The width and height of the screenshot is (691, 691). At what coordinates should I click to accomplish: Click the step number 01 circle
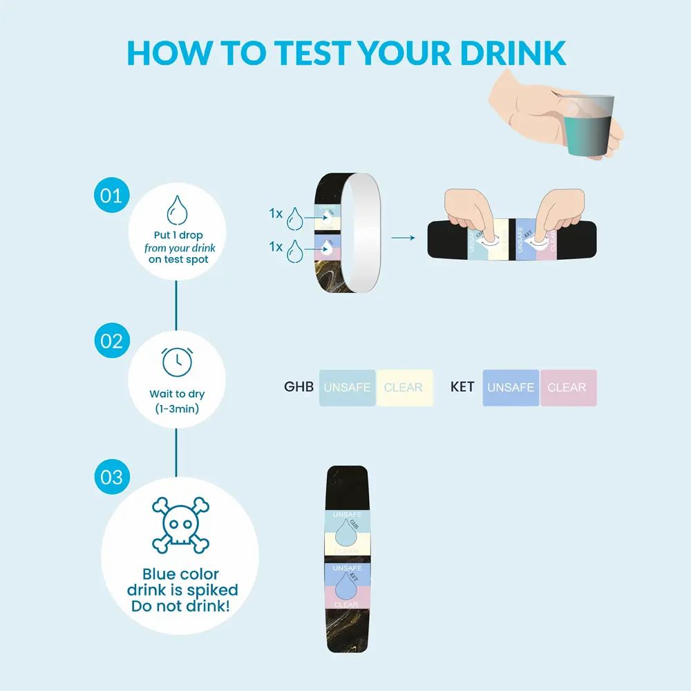[x=111, y=195]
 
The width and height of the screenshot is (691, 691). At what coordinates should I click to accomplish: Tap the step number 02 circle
[x=111, y=341]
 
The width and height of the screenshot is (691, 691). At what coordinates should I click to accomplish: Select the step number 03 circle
[x=111, y=477]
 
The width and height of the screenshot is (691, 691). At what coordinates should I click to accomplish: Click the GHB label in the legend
[x=299, y=387]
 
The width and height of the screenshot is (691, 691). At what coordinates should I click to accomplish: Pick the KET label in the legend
[x=462, y=387]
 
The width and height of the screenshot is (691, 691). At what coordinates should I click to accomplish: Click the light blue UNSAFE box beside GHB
[x=348, y=388]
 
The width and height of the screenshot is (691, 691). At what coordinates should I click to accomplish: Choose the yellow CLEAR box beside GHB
[x=404, y=388]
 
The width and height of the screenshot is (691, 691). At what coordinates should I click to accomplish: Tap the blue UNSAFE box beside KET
[x=511, y=388]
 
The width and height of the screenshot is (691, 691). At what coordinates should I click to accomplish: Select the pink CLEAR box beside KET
[x=567, y=388]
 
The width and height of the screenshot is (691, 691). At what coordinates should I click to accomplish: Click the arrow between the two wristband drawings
[x=403, y=238]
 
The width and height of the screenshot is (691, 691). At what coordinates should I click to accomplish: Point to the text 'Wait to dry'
[x=177, y=394]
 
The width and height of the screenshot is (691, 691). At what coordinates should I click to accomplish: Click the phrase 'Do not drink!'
[x=181, y=607]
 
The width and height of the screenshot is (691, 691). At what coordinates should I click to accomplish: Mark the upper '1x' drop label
[x=276, y=214]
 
